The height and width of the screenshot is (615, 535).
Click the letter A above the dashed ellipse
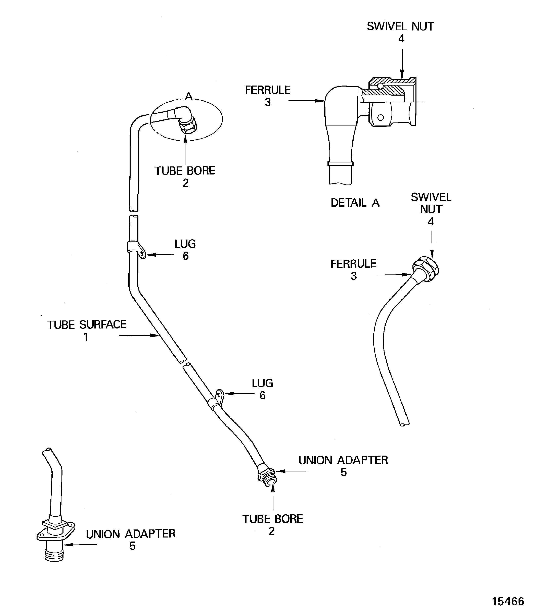[x=188, y=96]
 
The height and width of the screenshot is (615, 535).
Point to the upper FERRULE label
[x=268, y=90]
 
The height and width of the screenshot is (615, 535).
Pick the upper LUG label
[x=185, y=244]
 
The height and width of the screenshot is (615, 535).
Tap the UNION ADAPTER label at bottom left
[x=131, y=534]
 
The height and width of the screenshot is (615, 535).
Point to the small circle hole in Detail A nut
[x=380, y=118]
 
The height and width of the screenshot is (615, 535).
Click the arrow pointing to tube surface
[x=139, y=336]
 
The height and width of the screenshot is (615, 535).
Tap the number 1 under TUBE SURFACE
[x=85, y=337]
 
